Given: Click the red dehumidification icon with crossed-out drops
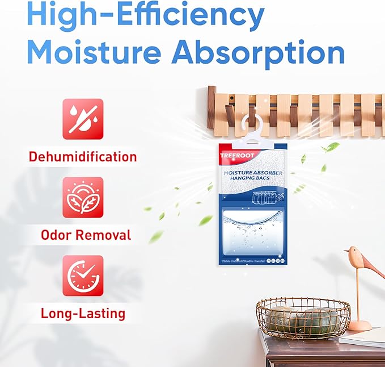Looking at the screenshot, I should point(83,119).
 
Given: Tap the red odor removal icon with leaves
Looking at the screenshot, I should point(83,197).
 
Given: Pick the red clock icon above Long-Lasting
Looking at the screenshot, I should point(83,276).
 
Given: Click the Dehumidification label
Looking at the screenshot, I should point(83,156).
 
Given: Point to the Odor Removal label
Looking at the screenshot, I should point(86,235).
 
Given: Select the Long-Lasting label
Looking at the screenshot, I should point(83,312).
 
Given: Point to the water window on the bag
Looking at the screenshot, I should point(252,230).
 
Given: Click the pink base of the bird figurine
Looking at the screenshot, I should point(359,325).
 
